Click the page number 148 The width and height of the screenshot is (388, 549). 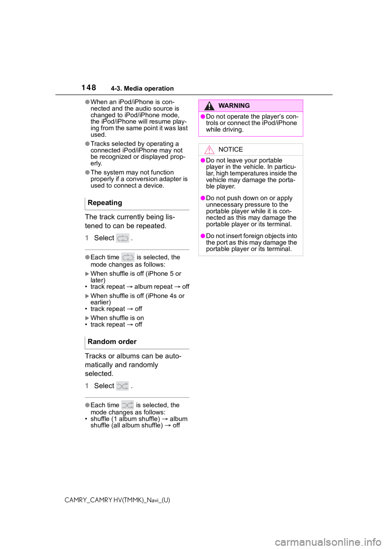89,87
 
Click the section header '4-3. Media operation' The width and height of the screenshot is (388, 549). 142,89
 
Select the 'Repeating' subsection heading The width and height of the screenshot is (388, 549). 105,203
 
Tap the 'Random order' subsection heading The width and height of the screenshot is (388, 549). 112,342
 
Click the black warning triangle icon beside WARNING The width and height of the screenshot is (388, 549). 209,106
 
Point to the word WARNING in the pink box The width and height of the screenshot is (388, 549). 234,106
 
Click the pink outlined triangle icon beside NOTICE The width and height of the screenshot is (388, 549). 209,150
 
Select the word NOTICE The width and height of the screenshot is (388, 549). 230,150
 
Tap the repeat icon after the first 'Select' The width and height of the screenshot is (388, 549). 122,238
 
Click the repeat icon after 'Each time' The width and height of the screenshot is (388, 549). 128,257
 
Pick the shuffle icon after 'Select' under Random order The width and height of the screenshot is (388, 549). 122,386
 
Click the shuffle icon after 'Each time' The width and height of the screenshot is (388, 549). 127,405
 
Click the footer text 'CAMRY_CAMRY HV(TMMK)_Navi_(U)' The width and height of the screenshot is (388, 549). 117,500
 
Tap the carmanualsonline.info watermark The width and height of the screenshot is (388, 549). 331,542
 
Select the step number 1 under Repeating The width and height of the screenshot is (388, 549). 87,238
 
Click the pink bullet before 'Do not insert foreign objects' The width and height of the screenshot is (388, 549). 203,236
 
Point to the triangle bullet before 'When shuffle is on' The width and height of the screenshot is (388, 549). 87,318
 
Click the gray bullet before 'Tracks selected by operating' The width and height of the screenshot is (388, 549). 87,144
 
